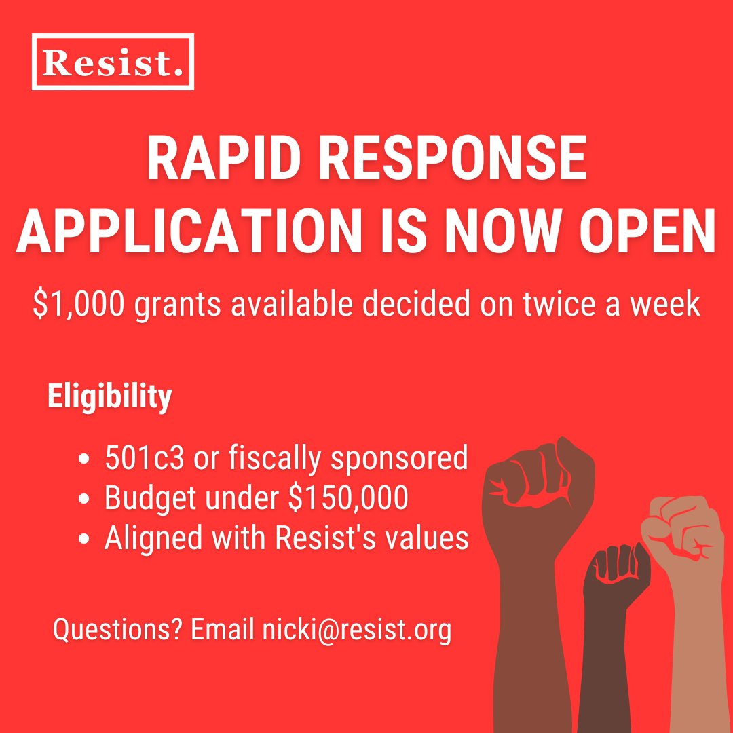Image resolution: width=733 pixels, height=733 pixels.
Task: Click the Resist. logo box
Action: pyautogui.click(x=113, y=62)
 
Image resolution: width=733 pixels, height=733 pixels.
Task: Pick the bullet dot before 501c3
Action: pyautogui.click(x=85, y=460)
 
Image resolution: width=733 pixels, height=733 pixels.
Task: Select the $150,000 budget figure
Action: pyautogui.click(x=348, y=499)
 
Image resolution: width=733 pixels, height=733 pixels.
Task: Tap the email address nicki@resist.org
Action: pyautogui.click(x=356, y=631)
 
